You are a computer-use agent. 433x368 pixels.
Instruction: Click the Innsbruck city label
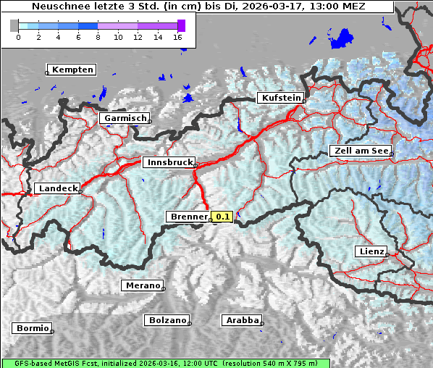pyautogui.click(x=168, y=163)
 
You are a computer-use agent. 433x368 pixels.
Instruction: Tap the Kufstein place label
pyautogui.click(x=279, y=98)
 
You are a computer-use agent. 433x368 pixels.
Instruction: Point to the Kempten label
pyautogui.click(x=72, y=70)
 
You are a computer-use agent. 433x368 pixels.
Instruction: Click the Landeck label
pyautogui.click(x=56, y=188)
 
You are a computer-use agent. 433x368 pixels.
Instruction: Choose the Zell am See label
pyautogui.click(x=360, y=151)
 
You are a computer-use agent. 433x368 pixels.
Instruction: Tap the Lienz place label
pyautogui.click(x=370, y=251)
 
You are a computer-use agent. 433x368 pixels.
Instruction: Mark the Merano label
pyautogui.click(x=141, y=285)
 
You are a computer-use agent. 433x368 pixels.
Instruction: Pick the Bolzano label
pyautogui.click(x=167, y=320)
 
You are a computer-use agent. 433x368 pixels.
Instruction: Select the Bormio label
pyautogui.click(x=32, y=328)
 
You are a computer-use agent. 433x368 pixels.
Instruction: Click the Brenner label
pyautogui.click(x=187, y=217)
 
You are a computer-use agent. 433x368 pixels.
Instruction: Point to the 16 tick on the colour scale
pyautogui.click(x=178, y=36)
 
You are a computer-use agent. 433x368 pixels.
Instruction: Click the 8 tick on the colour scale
pyautogui.click(x=98, y=36)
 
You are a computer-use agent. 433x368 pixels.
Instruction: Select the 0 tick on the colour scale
pyautogui.click(x=18, y=36)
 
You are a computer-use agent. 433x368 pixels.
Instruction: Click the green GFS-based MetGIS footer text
pyautogui.click(x=166, y=363)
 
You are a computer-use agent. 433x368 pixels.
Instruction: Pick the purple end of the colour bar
pyautogui.click(x=181, y=25)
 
